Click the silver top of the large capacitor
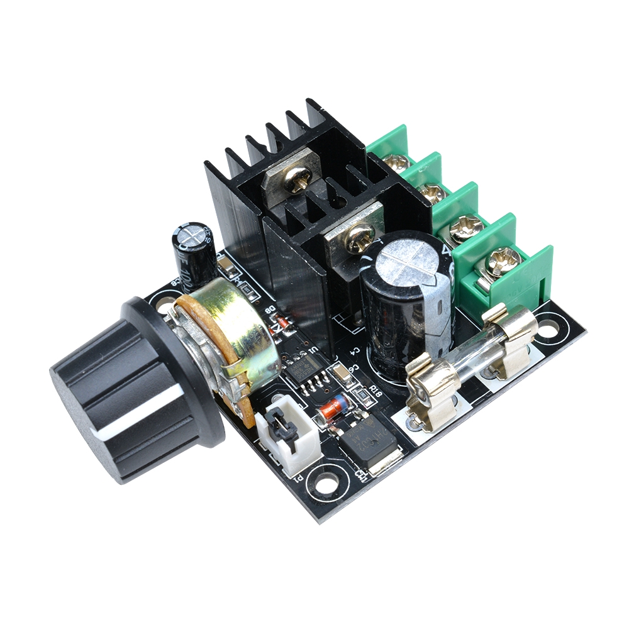point(409,258)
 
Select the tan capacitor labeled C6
point(343,375)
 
